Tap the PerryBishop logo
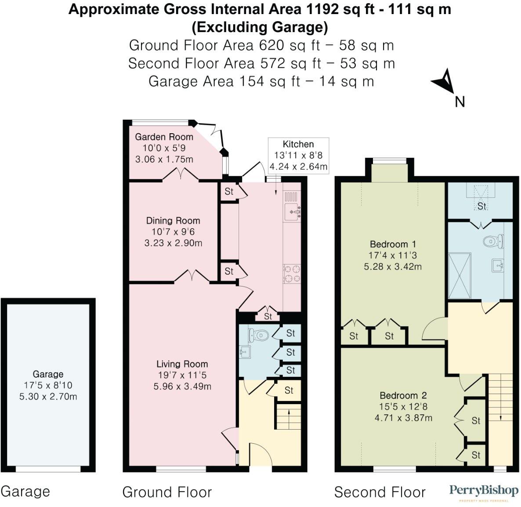click(x=483, y=491)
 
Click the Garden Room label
click(x=164, y=137)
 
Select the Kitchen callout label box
click(x=298, y=155)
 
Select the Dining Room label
click(x=173, y=221)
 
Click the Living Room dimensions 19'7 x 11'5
click(x=182, y=375)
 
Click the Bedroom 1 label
click(x=393, y=244)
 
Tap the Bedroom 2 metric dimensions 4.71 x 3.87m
click(x=403, y=418)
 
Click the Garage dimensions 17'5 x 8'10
click(x=48, y=385)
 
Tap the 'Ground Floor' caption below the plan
click(x=167, y=492)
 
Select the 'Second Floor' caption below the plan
click(x=380, y=492)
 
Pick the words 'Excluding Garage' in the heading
click(x=260, y=27)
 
